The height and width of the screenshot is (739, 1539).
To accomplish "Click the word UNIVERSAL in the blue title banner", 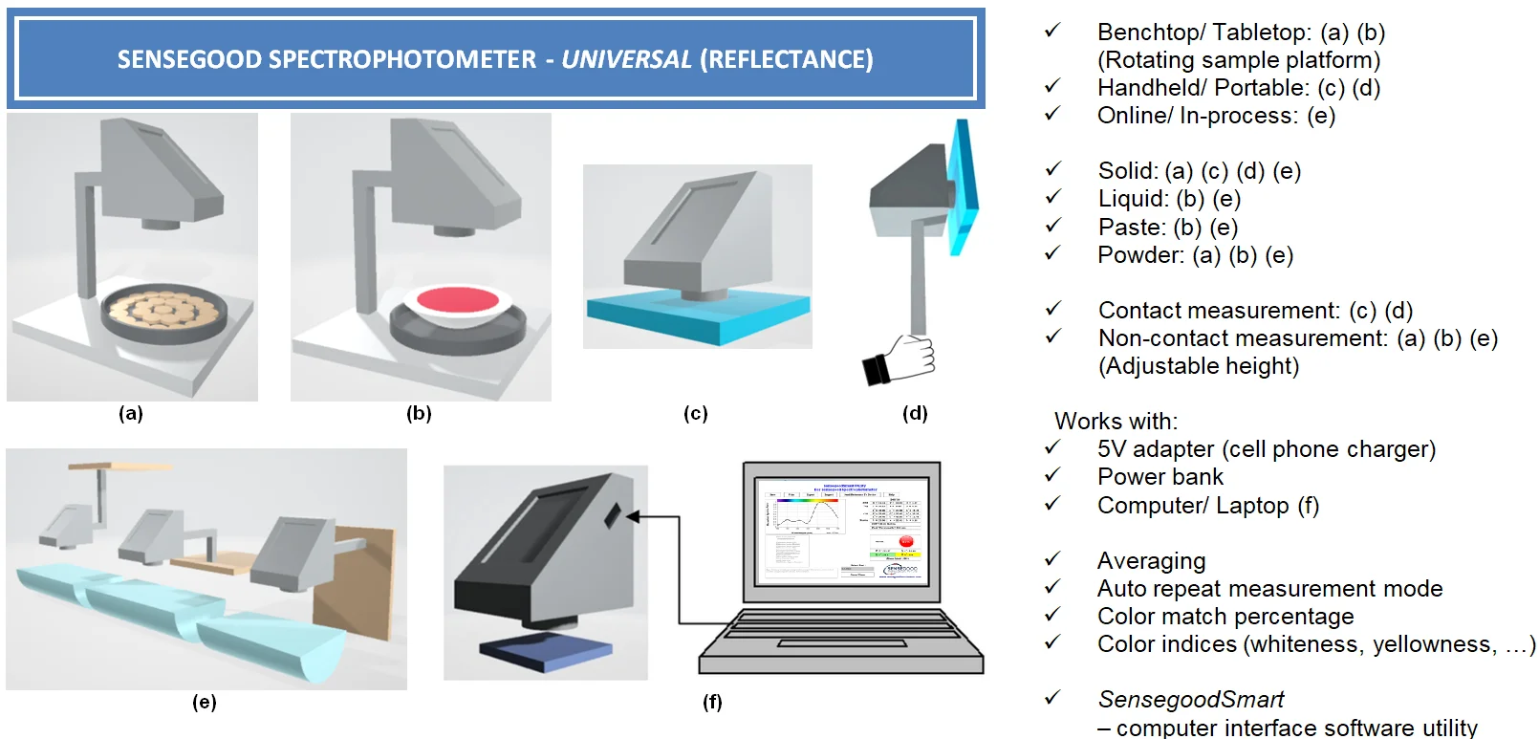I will tap(626, 59).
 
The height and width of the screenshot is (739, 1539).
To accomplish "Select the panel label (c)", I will tap(695, 413).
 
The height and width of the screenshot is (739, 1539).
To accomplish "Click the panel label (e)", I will tap(204, 702).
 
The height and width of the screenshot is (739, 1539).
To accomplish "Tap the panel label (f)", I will tap(712, 702).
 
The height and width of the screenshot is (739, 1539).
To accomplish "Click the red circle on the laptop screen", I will tap(905, 542).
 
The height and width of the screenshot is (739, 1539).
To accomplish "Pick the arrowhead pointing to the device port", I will tap(633, 516).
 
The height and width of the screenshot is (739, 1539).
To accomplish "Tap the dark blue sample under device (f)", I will tap(545, 650).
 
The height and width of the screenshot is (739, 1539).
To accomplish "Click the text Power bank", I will tap(1160, 477).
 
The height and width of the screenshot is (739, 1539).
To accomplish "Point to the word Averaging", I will tap(1151, 560).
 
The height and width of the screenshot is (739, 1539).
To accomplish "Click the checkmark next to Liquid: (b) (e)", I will tap(1052, 197).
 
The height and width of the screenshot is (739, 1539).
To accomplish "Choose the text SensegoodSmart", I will tap(1190, 699).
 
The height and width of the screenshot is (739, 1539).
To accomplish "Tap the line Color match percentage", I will tap(1225, 616).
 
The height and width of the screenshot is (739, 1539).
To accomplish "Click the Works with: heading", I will tap(1116, 421).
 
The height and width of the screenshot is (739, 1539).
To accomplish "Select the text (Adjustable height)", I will tap(1198, 366).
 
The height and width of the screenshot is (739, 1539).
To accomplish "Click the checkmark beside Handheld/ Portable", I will tap(1052, 86).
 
